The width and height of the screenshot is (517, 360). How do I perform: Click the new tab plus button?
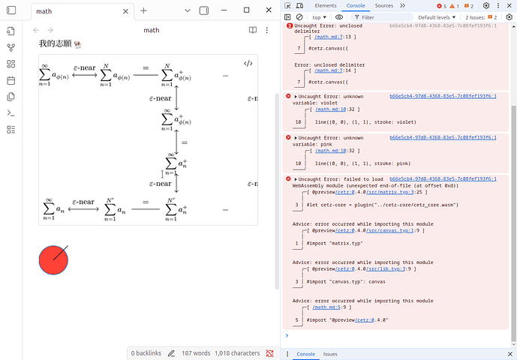click(x=143, y=11)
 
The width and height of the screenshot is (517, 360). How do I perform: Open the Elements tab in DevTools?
click(x=326, y=5)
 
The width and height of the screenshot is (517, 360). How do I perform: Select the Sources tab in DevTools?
click(x=383, y=5)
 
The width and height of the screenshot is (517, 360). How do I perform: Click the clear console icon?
click(x=299, y=16)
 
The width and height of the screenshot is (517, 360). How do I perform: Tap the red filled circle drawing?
click(x=53, y=259)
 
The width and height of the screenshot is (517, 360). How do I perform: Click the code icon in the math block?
click(x=248, y=64)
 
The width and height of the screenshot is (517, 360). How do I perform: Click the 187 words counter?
click(x=197, y=352)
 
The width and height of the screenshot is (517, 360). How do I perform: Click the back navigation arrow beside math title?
click(x=37, y=30)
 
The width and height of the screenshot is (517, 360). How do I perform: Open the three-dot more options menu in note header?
click(x=267, y=30)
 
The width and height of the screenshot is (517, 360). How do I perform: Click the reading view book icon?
click(x=253, y=30)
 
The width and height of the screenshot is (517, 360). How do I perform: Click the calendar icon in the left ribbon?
click(x=11, y=80)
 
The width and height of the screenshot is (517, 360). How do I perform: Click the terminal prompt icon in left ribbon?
click(x=11, y=113)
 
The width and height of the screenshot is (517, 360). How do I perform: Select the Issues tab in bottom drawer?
click(x=330, y=354)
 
